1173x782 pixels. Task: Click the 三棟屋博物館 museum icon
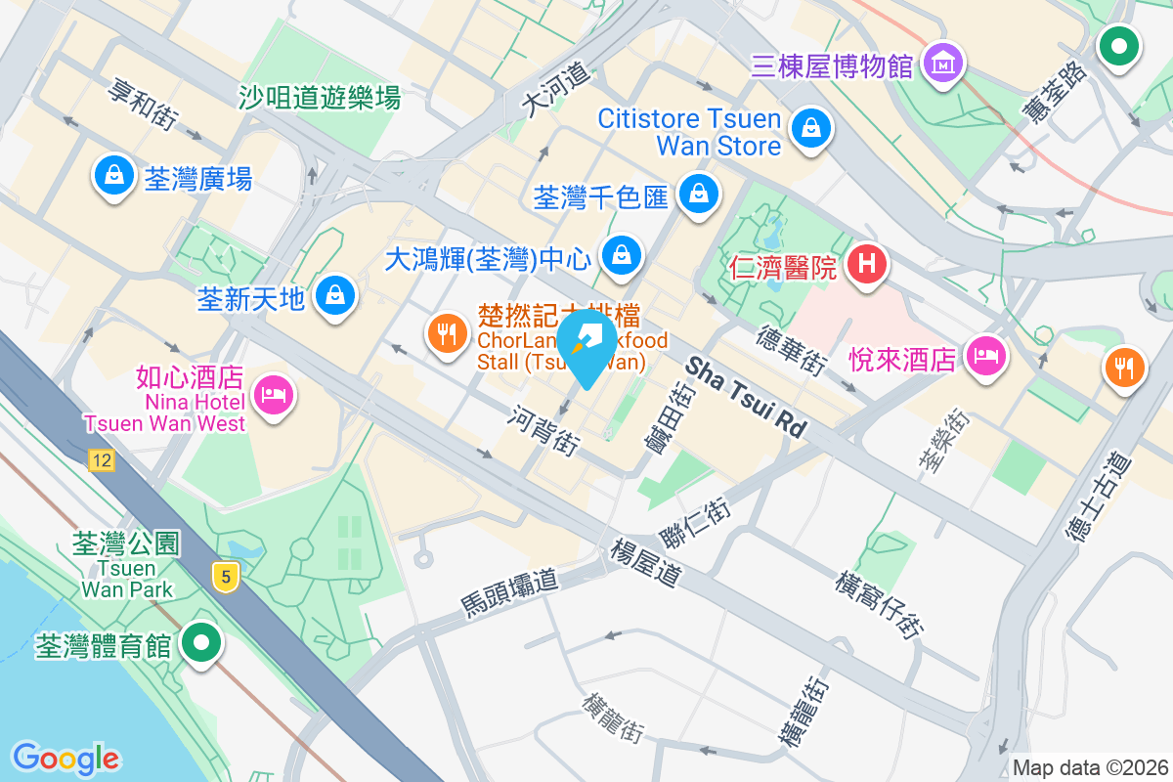pyautogui.click(x=944, y=65)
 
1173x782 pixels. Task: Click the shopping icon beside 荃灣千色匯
pyautogui.click(x=698, y=194)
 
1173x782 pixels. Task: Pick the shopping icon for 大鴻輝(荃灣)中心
pyautogui.click(x=620, y=257)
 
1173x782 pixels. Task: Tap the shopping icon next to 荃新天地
pyautogui.click(x=335, y=293)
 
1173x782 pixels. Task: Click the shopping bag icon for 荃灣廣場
pyautogui.click(x=114, y=177)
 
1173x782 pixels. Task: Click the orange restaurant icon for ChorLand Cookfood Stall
pyautogui.click(x=447, y=334)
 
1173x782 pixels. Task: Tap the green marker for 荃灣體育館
pyautogui.click(x=203, y=644)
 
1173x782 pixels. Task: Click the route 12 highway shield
pyautogui.click(x=100, y=460)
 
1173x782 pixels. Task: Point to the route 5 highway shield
pyautogui.click(x=226, y=577)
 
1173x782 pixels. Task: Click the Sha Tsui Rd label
pyautogui.click(x=747, y=397)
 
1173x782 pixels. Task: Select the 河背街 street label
pyautogui.click(x=543, y=430)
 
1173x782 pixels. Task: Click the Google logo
pyautogui.click(x=65, y=759)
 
